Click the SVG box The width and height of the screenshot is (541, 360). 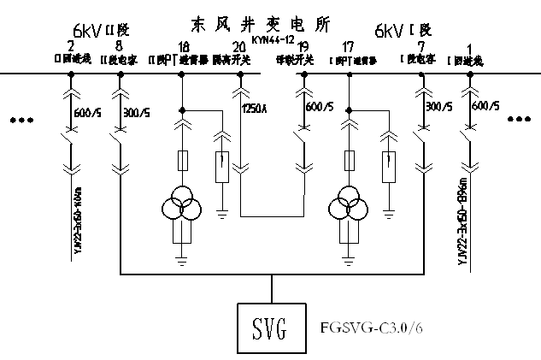(270, 326)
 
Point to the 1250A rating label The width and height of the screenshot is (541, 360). (255, 109)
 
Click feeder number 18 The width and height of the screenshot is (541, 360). (183, 45)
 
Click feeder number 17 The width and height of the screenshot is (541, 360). (347, 45)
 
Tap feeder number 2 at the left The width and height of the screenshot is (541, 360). (70, 45)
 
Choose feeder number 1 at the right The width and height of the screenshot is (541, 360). (469, 45)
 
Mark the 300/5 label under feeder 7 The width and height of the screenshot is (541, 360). (438, 107)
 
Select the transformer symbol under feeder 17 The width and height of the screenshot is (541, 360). (348, 205)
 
